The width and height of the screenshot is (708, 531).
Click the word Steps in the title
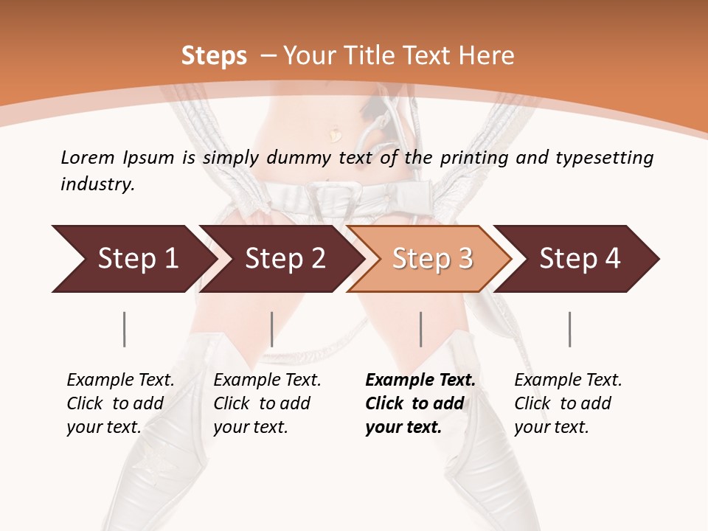pyautogui.click(x=214, y=56)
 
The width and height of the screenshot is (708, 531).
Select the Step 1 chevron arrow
pyautogui.click(x=133, y=259)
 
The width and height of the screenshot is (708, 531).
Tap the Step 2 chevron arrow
pyautogui.click(x=284, y=259)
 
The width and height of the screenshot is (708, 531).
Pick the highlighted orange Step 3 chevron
pyautogui.click(x=431, y=259)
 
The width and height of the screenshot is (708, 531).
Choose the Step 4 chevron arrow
pyautogui.click(x=579, y=259)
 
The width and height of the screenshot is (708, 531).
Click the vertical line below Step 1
pyautogui.click(x=125, y=329)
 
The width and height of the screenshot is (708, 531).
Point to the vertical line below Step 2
pyautogui.click(x=272, y=329)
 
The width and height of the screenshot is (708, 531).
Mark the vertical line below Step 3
pyautogui.click(x=421, y=329)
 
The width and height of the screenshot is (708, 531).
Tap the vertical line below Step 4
pyautogui.click(x=570, y=329)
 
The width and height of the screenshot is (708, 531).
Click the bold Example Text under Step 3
pyautogui.click(x=420, y=380)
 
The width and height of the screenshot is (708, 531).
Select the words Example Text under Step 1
pyautogui.click(x=120, y=380)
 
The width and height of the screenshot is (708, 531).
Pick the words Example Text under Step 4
pyautogui.click(x=568, y=380)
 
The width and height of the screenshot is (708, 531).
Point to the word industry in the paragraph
pyautogui.click(x=97, y=184)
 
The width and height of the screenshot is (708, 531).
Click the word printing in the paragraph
pyautogui.click(x=475, y=157)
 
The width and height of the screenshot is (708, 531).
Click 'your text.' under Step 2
pyautogui.click(x=250, y=427)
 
